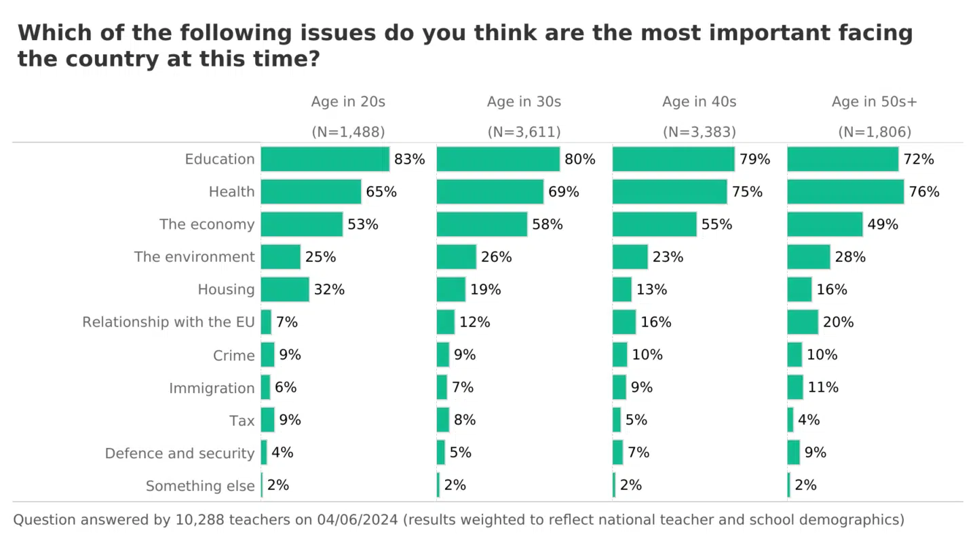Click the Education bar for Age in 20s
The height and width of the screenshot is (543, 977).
(325, 160)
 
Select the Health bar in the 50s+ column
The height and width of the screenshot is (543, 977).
(845, 192)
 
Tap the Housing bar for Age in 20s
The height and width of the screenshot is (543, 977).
(285, 290)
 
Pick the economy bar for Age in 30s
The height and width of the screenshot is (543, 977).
(482, 225)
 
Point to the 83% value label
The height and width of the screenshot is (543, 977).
(410, 160)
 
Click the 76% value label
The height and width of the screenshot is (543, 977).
(924, 192)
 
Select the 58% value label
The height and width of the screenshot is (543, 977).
(548, 225)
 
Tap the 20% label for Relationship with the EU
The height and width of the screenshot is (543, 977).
(839, 322)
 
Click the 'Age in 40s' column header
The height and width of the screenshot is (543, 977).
(700, 102)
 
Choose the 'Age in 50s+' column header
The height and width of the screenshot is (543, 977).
(875, 102)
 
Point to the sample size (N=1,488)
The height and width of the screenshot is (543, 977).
(348, 132)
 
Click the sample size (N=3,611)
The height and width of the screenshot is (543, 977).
(524, 132)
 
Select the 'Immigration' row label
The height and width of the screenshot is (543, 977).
(212, 388)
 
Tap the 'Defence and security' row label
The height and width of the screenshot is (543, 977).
(180, 453)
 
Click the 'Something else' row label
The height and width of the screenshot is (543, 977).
(200, 486)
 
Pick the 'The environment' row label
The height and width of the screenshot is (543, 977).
(195, 257)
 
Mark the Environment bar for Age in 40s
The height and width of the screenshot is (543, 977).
(630, 257)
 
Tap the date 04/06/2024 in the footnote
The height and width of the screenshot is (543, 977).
(358, 520)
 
